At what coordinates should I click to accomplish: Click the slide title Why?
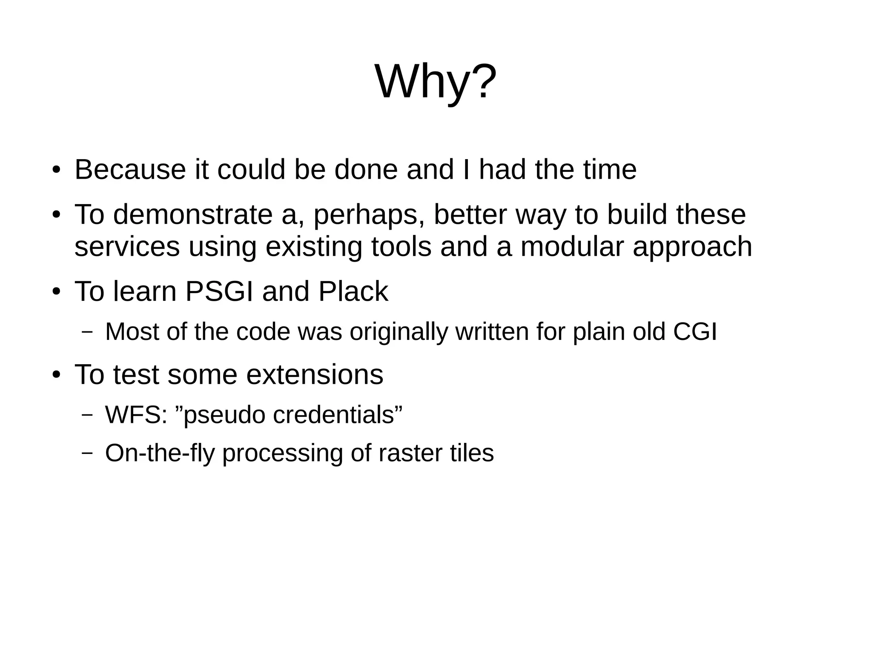436,82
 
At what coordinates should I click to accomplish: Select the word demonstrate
193,214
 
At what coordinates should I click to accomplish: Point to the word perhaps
368,215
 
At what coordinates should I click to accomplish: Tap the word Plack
353,292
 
